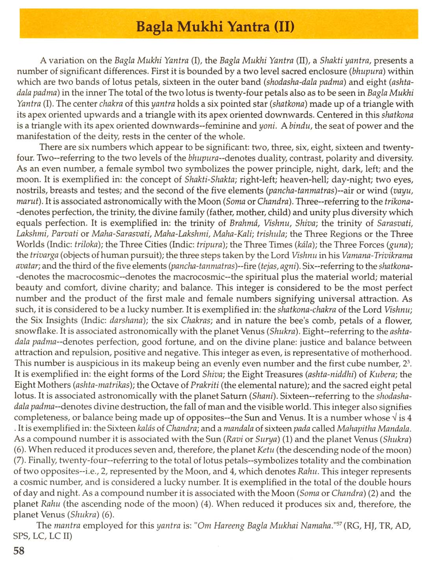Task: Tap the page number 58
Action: click(x=19, y=550)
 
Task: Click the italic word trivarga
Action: click(x=43, y=255)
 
